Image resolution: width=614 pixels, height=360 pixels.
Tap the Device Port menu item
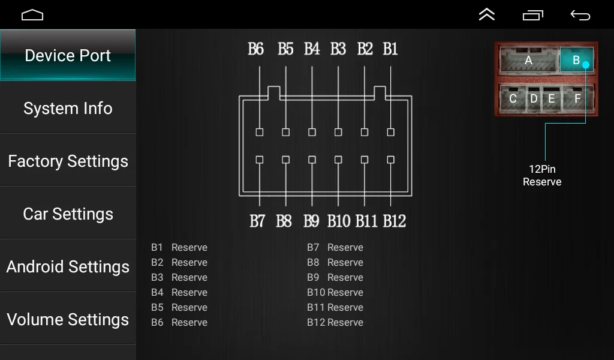click(x=68, y=56)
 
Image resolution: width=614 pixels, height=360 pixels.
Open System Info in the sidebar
click(x=68, y=109)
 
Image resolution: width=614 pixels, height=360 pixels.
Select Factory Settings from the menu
click(x=68, y=161)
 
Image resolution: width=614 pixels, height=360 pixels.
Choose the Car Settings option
click(x=68, y=214)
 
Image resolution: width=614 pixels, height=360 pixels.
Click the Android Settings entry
click(x=68, y=267)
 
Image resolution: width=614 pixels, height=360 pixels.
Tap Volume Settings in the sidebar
click(x=68, y=320)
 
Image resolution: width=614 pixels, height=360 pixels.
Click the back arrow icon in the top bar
click(x=580, y=15)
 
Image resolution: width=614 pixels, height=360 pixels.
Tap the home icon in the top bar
click(x=32, y=15)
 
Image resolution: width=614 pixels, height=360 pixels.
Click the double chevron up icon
click(x=487, y=15)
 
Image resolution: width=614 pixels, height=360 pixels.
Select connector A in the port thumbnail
click(x=528, y=60)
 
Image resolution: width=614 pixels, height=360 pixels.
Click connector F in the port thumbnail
click(x=577, y=98)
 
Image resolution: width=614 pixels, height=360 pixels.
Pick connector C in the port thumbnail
click(x=513, y=98)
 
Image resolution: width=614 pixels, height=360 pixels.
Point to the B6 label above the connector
click(x=256, y=49)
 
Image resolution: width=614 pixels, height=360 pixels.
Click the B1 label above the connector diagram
click(x=390, y=49)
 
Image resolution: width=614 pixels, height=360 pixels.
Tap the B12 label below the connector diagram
click(x=394, y=221)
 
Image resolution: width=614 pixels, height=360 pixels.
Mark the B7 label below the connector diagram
click(x=257, y=221)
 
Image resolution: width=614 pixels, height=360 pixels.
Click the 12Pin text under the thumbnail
click(x=542, y=169)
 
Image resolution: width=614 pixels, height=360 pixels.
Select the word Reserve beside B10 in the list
click(x=345, y=292)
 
